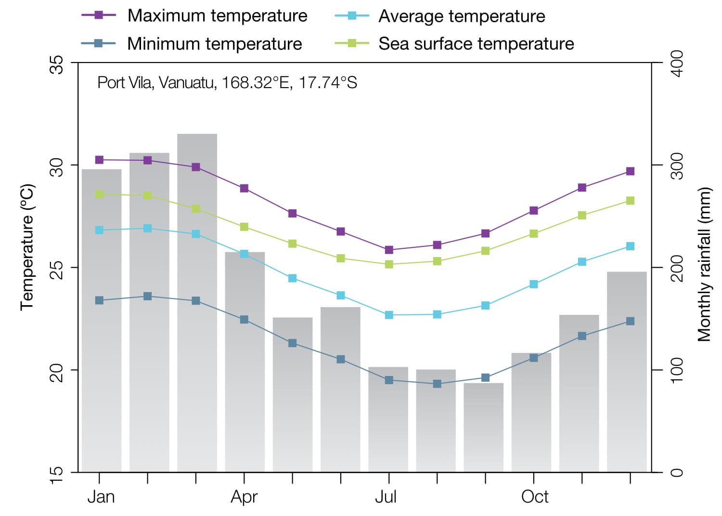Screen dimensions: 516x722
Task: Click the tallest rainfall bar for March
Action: click(197, 303)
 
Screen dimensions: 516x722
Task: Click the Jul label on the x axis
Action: click(386, 497)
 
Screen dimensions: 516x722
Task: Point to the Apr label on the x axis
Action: click(244, 497)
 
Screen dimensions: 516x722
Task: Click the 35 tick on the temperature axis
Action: click(57, 64)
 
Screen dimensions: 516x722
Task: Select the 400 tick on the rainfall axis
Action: click(677, 63)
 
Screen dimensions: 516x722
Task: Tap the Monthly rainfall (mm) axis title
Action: click(704, 264)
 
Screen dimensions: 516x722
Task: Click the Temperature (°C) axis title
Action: click(27, 247)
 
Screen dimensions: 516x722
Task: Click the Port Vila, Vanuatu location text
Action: click(227, 83)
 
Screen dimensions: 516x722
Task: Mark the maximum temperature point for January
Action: click(100, 160)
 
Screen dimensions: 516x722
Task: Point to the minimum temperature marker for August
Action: click(437, 384)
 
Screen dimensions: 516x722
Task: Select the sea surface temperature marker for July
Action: click(389, 264)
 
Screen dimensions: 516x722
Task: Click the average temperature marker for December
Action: click(630, 246)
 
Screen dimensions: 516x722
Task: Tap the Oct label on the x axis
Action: click(534, 497)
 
